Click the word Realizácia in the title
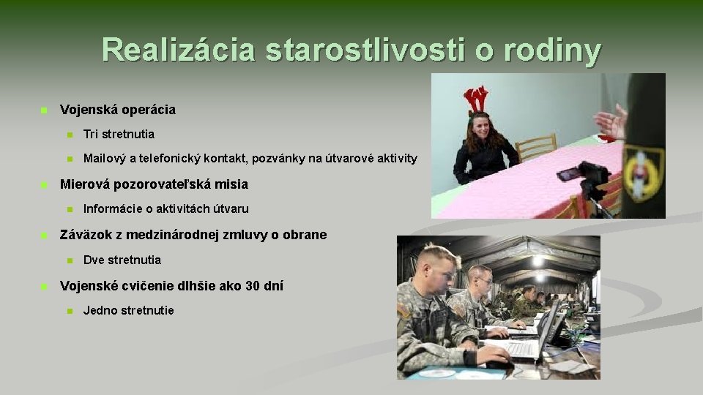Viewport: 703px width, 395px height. coord(179,50)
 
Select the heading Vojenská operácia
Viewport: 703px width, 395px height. coord(117,110)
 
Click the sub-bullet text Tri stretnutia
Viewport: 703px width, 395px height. coord(119,135)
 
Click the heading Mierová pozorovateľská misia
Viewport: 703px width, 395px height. coord(154,184)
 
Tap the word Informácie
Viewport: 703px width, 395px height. coord(113,209)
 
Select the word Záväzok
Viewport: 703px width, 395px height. coord(86,235)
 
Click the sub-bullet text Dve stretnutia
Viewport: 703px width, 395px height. coord(122,260)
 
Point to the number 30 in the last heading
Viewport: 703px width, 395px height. coord(253,286)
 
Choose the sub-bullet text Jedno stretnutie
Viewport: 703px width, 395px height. coord(128,311)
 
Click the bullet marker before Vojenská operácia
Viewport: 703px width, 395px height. coord(43,110)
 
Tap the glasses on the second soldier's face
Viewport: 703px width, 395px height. coord(484,280)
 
